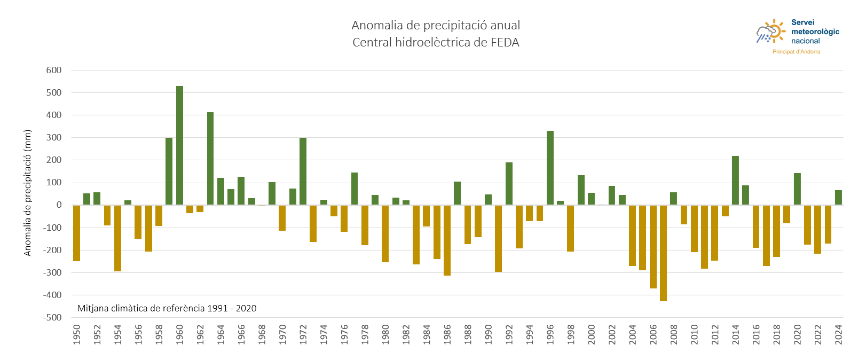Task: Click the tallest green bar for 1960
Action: pos(179,145)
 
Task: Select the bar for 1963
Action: pos(210,159)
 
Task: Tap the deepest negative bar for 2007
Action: pos(663,253)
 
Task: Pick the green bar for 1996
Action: pos(550,168)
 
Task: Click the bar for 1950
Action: pos(76,233)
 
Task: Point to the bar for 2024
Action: pos(838,198)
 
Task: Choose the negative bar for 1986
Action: pos(447,240)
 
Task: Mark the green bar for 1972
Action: pos(303,171)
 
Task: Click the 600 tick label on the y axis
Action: pos(54,70)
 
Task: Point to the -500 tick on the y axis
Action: pos(52,317)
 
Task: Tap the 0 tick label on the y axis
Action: pos(59,205)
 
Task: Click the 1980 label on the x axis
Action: pos(385,334)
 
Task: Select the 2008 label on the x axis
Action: pos(674,334)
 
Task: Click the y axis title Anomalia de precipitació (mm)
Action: pos(28,193)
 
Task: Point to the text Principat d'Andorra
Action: pos(796,52)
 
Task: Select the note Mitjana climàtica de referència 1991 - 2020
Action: pos(167,308)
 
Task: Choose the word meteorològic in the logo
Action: pos(815,32)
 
